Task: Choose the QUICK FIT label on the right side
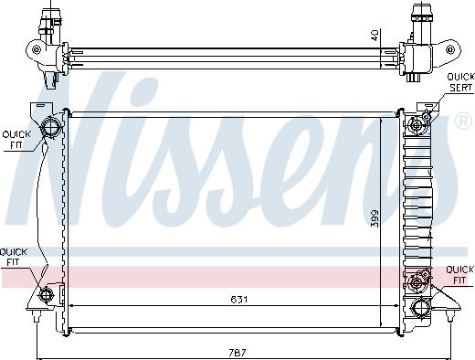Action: [x=459, y=275]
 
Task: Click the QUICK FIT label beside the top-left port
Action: [x=16, y=139]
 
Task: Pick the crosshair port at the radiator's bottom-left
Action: [x=48, y=294]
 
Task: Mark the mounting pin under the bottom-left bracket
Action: [x=36, y=319]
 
